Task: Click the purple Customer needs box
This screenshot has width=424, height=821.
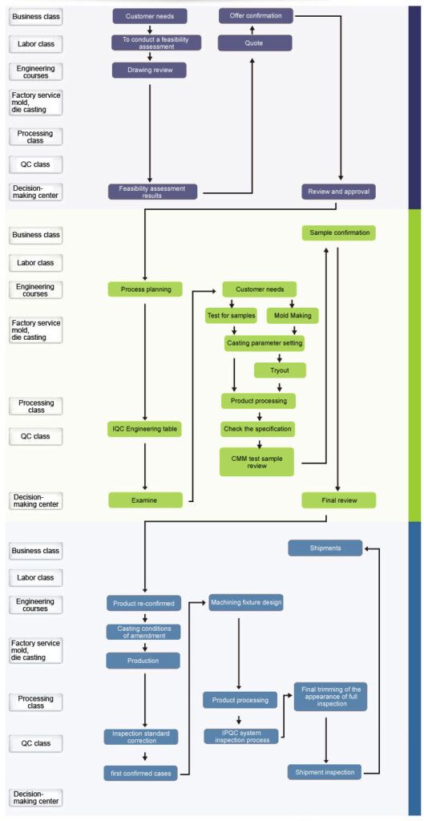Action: (x=149, y=16)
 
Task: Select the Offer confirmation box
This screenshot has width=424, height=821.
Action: (x=256, y=15)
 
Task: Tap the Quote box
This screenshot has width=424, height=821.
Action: (x=254, y=43)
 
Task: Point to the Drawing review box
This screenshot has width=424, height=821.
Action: (x=149, y=71)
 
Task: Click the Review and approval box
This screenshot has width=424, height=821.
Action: (x=338, y=192)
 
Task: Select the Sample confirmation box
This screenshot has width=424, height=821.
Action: (x=339, y=233)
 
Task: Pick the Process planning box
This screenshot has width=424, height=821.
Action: (x=146, y=289)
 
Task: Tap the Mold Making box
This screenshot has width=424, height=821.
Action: (x=293, y=316)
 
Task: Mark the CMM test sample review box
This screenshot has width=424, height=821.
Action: (x=256, y=462)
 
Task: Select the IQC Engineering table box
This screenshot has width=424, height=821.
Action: (x=145, y=429)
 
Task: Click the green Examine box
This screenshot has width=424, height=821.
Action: (x=145, y=500)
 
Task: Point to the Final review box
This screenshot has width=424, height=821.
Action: (x=339, y=500)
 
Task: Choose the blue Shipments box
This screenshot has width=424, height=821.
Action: (x=325, y=548)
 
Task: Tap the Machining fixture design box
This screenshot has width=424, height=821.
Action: (x=245, y=601)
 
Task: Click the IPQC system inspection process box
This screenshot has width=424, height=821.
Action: (x=240, y=735)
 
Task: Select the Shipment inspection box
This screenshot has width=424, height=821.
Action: (x=325, y=772)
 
